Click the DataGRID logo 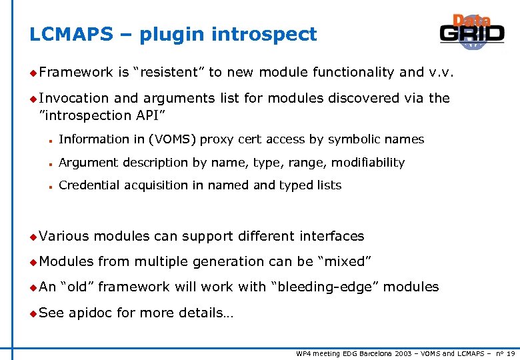[471, 32]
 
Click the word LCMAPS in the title [71, 35]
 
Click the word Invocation [73, 98]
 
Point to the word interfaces [331, 236]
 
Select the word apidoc [90, 313]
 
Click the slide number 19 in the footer [510, 353]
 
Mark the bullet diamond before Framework [33, 73]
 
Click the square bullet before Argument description [50, 163]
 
